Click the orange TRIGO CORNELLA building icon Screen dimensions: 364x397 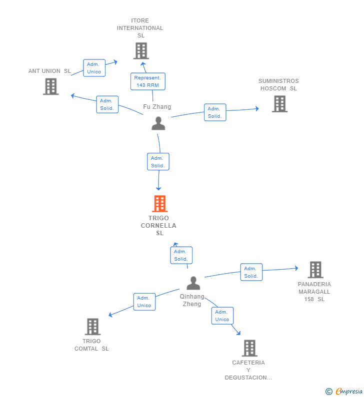[159, 204]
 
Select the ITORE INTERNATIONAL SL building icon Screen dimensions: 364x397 [141, 51]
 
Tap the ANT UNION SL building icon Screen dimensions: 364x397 [50, 86]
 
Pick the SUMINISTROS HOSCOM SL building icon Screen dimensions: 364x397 [279, 104]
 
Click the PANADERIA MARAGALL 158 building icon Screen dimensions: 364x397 [315, 270]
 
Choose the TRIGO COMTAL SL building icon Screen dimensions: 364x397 [93, 327]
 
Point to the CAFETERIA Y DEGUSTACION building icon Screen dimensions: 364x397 [249, 348]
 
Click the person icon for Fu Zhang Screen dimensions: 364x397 [158, 123]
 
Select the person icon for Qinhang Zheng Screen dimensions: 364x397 [193, 283]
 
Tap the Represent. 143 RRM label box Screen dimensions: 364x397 [148, 81]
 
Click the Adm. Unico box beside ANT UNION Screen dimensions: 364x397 [94, 68]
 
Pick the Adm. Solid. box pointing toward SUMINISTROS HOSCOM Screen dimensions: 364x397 [215, 112]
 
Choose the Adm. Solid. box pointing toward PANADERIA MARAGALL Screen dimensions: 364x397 [251, 272]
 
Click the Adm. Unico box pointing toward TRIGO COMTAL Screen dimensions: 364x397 [144, 302]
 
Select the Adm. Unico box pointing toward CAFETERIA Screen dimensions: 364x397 [222, 316]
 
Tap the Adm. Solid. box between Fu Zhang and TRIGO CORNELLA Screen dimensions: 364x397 [158, 162]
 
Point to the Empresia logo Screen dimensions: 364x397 [344, 392]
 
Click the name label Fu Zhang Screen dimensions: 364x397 [157, 107]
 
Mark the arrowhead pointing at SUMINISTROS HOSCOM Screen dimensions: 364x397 [257, 109]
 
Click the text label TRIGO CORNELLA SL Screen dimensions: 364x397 [158, 226]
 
